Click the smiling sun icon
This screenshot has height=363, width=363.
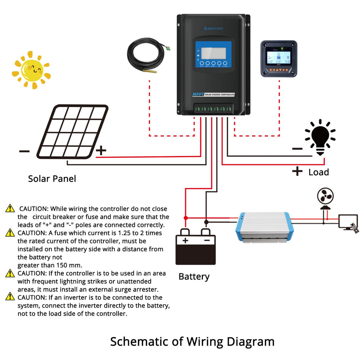pos(32,70)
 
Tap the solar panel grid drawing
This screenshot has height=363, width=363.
pos(73,132)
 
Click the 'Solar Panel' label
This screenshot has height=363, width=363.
pos(52,179)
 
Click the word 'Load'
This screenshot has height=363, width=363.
pos(319,172)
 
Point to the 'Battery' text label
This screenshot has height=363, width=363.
pos(194,277)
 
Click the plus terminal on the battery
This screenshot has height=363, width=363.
pos(185,240)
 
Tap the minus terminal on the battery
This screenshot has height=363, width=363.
pos(207,240)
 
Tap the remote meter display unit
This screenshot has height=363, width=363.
pos(279,58)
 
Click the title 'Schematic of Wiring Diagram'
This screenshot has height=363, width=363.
pos(192,342)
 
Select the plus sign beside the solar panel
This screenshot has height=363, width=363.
pos(101,151)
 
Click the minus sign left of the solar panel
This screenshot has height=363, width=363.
pos(24,151)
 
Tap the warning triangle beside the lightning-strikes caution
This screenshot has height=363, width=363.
pos(10,273)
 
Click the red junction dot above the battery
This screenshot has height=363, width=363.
pos(185,218)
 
